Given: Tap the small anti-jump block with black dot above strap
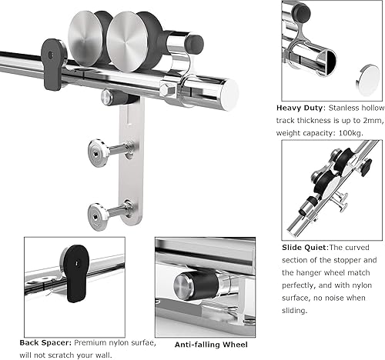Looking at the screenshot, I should pos(112,98).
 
